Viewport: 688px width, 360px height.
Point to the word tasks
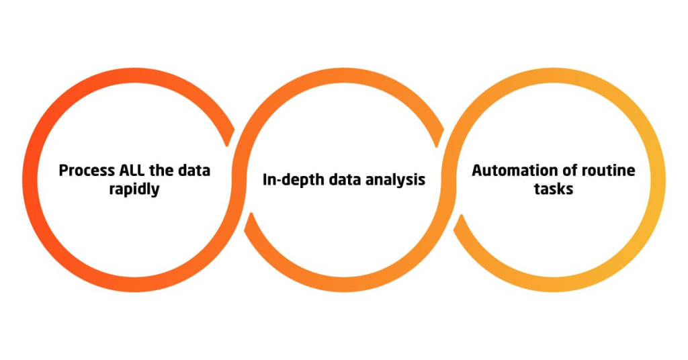coord(554,189)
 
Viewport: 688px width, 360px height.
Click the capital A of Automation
coord(478,170)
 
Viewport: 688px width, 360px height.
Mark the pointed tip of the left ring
coord(227,146)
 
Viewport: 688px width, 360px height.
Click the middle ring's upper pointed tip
coord(437,146)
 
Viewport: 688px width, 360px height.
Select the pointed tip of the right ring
coord(461,216)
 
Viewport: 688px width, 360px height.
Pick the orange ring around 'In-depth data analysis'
coord(344,75)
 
